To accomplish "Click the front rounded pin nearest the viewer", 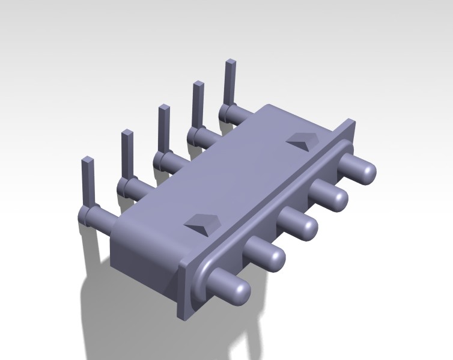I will pos(231,287).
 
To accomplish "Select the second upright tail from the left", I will pos(127,153).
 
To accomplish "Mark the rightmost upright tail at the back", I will pos(230,81).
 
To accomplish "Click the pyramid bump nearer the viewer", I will pos(202,224).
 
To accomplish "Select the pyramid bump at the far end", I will pos(304,140).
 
